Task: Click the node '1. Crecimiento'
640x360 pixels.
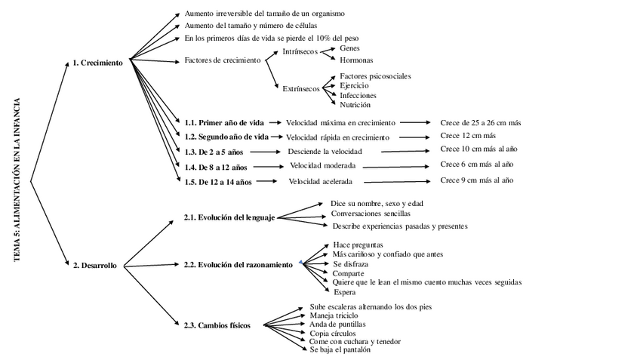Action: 97,63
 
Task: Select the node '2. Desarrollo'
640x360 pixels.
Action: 94,266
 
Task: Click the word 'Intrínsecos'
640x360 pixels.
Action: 300,53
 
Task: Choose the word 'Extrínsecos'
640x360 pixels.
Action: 300,88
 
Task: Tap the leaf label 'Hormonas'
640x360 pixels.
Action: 356,60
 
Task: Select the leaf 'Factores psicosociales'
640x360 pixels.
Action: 375,76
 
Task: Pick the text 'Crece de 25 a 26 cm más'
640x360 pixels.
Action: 481,122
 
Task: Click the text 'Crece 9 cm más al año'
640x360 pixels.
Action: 476,180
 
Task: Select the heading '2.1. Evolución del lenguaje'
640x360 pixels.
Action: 229,218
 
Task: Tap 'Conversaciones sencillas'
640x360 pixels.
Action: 371,214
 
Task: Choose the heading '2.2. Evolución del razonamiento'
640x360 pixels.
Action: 238,265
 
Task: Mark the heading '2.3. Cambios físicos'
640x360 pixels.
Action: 217,325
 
